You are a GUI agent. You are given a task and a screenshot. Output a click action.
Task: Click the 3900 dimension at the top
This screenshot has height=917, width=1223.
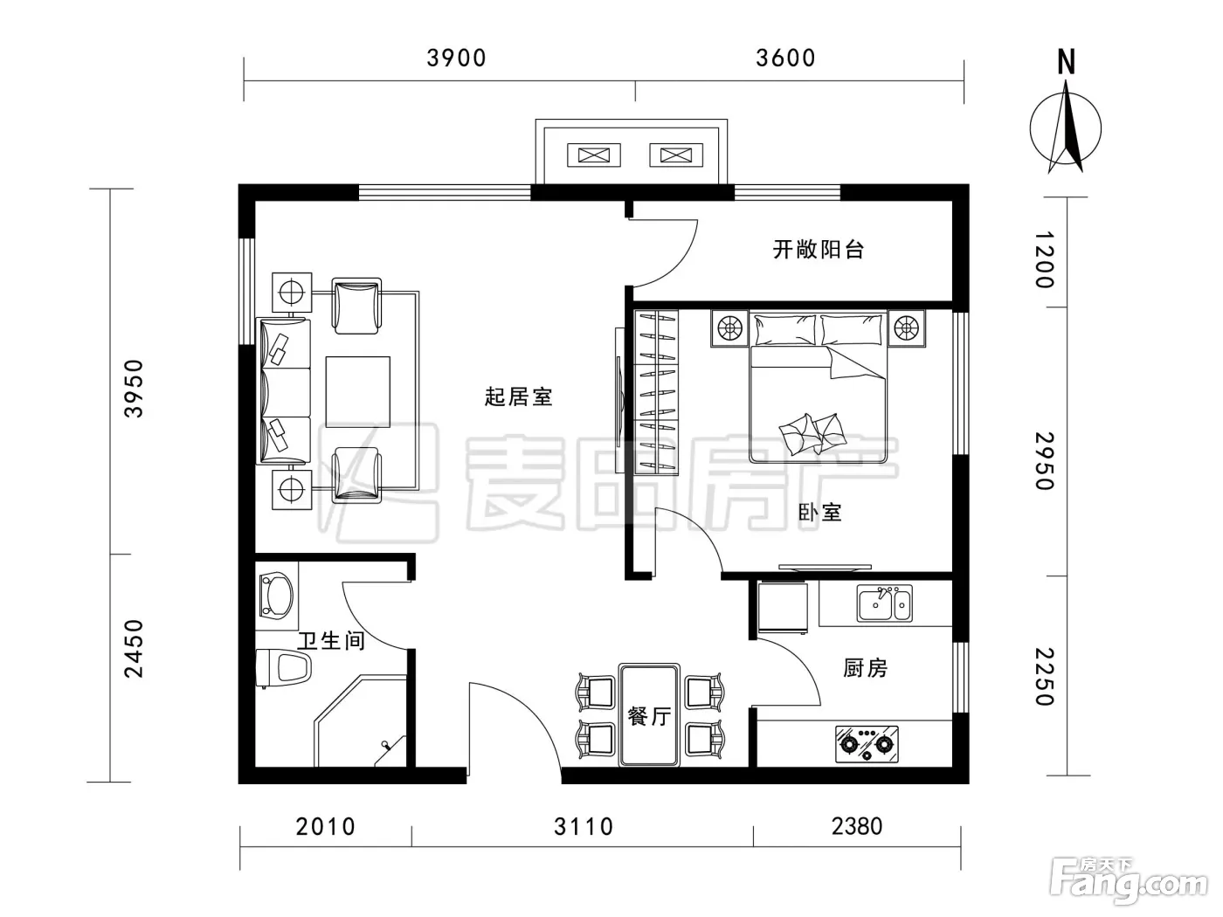point(456,58)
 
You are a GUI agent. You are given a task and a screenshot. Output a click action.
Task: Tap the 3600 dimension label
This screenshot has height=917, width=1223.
point(785,58)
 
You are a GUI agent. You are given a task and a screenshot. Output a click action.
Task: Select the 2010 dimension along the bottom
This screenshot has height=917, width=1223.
point(325,827)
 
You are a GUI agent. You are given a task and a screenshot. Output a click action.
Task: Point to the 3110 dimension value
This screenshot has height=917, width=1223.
point(584,827)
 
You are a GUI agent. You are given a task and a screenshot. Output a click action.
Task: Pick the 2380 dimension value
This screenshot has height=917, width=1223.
point(857,826)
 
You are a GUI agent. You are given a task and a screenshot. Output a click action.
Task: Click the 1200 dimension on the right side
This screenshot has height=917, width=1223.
point(1045,259)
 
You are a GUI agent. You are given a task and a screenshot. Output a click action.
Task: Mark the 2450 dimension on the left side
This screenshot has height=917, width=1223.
point(134,649)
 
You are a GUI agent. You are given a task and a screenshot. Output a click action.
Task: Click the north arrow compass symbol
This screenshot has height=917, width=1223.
point(1065,117)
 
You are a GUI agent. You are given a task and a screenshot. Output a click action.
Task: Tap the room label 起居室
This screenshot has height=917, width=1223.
point(518,397)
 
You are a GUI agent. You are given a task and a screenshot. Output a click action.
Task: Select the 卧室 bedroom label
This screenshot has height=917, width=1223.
point(819,513)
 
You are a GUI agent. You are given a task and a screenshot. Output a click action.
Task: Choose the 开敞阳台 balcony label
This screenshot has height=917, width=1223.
point(818,250)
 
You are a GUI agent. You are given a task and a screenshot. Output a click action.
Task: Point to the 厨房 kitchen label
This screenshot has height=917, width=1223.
point(865,668)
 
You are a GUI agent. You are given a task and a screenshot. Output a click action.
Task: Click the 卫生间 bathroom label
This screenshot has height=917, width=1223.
point(331,641)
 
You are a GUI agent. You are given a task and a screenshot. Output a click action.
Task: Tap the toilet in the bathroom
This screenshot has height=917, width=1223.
point(283,668)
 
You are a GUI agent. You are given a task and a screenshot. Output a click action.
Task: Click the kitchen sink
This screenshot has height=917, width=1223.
point(885,603)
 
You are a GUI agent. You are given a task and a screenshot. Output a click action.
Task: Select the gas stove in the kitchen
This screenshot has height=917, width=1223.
point(867,744)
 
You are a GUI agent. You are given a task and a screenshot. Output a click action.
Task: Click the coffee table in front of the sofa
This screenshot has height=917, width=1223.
point(357,392)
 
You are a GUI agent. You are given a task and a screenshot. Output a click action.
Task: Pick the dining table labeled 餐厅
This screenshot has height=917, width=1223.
point(649,715)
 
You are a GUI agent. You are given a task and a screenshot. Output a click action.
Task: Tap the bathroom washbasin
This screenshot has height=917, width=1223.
point(277,596)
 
